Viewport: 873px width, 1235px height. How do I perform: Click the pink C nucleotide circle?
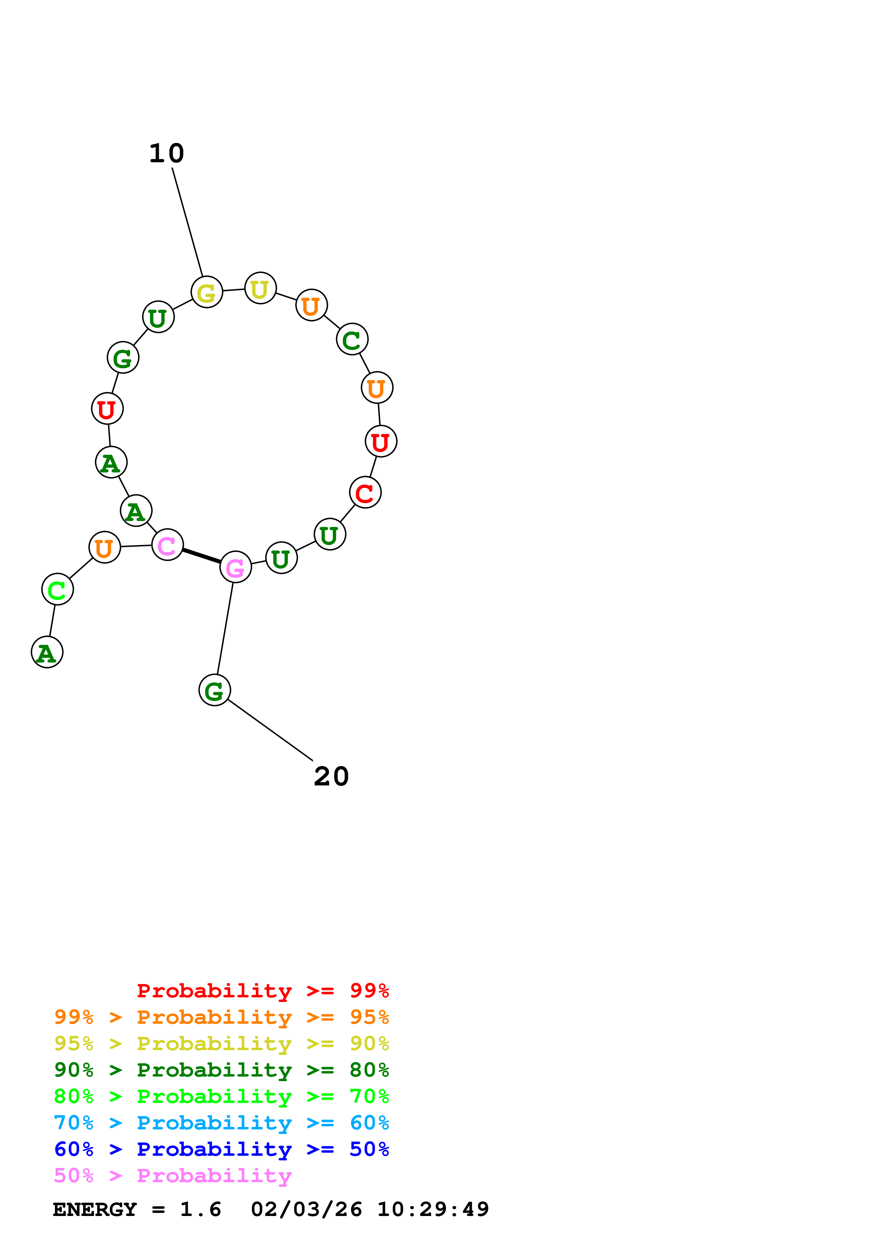coord(167,545)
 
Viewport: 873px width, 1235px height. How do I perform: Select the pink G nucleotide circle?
coord(236,567)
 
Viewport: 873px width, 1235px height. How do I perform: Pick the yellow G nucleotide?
coord(207,292)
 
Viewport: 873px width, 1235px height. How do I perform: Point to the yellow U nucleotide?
coord(260,288)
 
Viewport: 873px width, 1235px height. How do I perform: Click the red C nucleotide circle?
coord(365,492)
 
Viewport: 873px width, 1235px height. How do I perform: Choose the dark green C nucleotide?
coord(352,339)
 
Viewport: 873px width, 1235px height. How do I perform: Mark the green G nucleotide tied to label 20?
coord(214,690)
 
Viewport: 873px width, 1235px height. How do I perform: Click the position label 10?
coord(167,154)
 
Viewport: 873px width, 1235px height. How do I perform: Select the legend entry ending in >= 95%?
coord(222,1017)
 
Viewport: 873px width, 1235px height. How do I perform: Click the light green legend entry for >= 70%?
coord(222,1096)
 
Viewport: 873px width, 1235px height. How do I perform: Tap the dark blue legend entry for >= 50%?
coord(222,1149)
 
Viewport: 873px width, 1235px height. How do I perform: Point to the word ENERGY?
coord(95,1209)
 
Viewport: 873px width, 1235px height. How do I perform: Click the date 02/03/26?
coord(306,1209)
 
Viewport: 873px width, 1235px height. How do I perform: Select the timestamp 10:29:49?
coord(433,1209)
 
